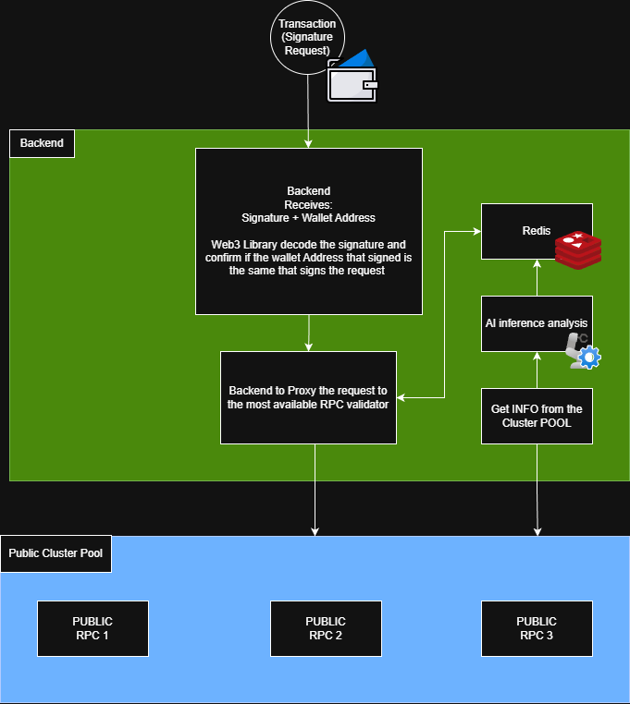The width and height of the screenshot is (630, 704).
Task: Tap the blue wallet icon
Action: click(x=352, y=75)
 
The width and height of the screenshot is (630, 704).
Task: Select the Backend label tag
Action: click(x=42, y=143)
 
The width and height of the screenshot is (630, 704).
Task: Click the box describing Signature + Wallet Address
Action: click(x=308, y=231)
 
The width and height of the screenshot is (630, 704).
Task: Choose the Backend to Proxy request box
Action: click(x=308, y=397)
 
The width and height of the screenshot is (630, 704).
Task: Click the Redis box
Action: click(x=537, y=231)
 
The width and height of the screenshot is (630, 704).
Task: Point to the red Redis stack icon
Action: click(x=577, y=250)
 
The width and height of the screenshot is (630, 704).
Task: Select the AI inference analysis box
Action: click(x=537, y=323)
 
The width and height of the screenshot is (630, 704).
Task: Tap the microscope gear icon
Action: click(x=583, y=351)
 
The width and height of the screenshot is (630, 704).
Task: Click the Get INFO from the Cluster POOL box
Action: click(x=537, y=416)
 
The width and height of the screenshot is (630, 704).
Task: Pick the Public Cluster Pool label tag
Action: click(x=56, y=553)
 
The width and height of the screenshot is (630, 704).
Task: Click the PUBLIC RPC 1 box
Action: click(x=93, y=628)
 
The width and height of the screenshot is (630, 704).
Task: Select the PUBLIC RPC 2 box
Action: click(x=326, y=628)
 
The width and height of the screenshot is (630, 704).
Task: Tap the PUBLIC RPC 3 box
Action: click(x=537, y=628)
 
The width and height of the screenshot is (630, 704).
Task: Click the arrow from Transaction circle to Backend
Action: click(x=307, y=111)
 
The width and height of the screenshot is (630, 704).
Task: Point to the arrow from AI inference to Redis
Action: click(x=537, y=277)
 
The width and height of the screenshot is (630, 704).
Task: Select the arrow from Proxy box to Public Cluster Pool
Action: click(x=315, y=490)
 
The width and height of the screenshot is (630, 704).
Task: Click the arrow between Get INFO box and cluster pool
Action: click(x=537, y=490)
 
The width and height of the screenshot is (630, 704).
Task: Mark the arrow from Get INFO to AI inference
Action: click(x=537, y=370)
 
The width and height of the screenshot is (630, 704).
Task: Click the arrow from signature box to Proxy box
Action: click(x=308, y=333)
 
